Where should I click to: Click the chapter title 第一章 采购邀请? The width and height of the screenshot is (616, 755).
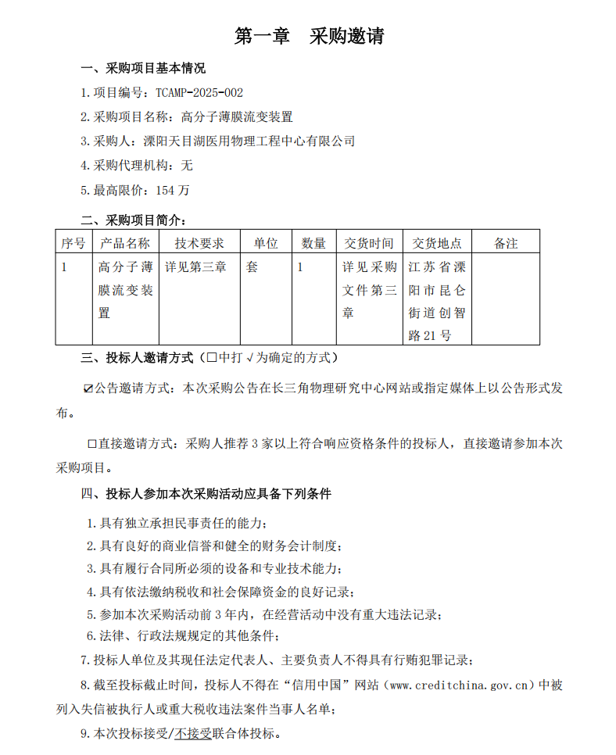[309, 36]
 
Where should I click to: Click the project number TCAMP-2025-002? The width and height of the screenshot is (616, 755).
[193, 92]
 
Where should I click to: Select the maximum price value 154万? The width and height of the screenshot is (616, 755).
[172, 190]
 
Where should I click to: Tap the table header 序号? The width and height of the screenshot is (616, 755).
[73, 243]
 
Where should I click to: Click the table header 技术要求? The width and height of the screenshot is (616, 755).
[199, 243]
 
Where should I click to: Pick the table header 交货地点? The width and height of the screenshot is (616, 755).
[437, 243]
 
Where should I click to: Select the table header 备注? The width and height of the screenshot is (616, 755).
[505, 243]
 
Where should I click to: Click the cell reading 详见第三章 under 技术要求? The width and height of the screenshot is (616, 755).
[195, 267]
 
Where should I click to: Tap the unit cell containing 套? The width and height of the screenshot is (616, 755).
[252, 267]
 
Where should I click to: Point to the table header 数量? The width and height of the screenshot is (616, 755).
[313, 243]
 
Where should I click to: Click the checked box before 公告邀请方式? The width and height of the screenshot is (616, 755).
[88, 388]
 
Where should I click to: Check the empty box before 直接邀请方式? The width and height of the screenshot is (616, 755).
[91, 444]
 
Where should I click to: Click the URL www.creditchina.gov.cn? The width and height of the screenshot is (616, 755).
[461, 685]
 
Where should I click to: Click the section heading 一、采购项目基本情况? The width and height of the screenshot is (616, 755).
[143, 68]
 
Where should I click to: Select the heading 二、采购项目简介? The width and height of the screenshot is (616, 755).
[134, 220]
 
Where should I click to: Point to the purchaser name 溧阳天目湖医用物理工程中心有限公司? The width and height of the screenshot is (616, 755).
[249, 141]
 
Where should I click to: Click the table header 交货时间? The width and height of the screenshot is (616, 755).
[369, 243]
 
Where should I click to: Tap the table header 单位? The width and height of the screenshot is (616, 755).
[265, 243]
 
